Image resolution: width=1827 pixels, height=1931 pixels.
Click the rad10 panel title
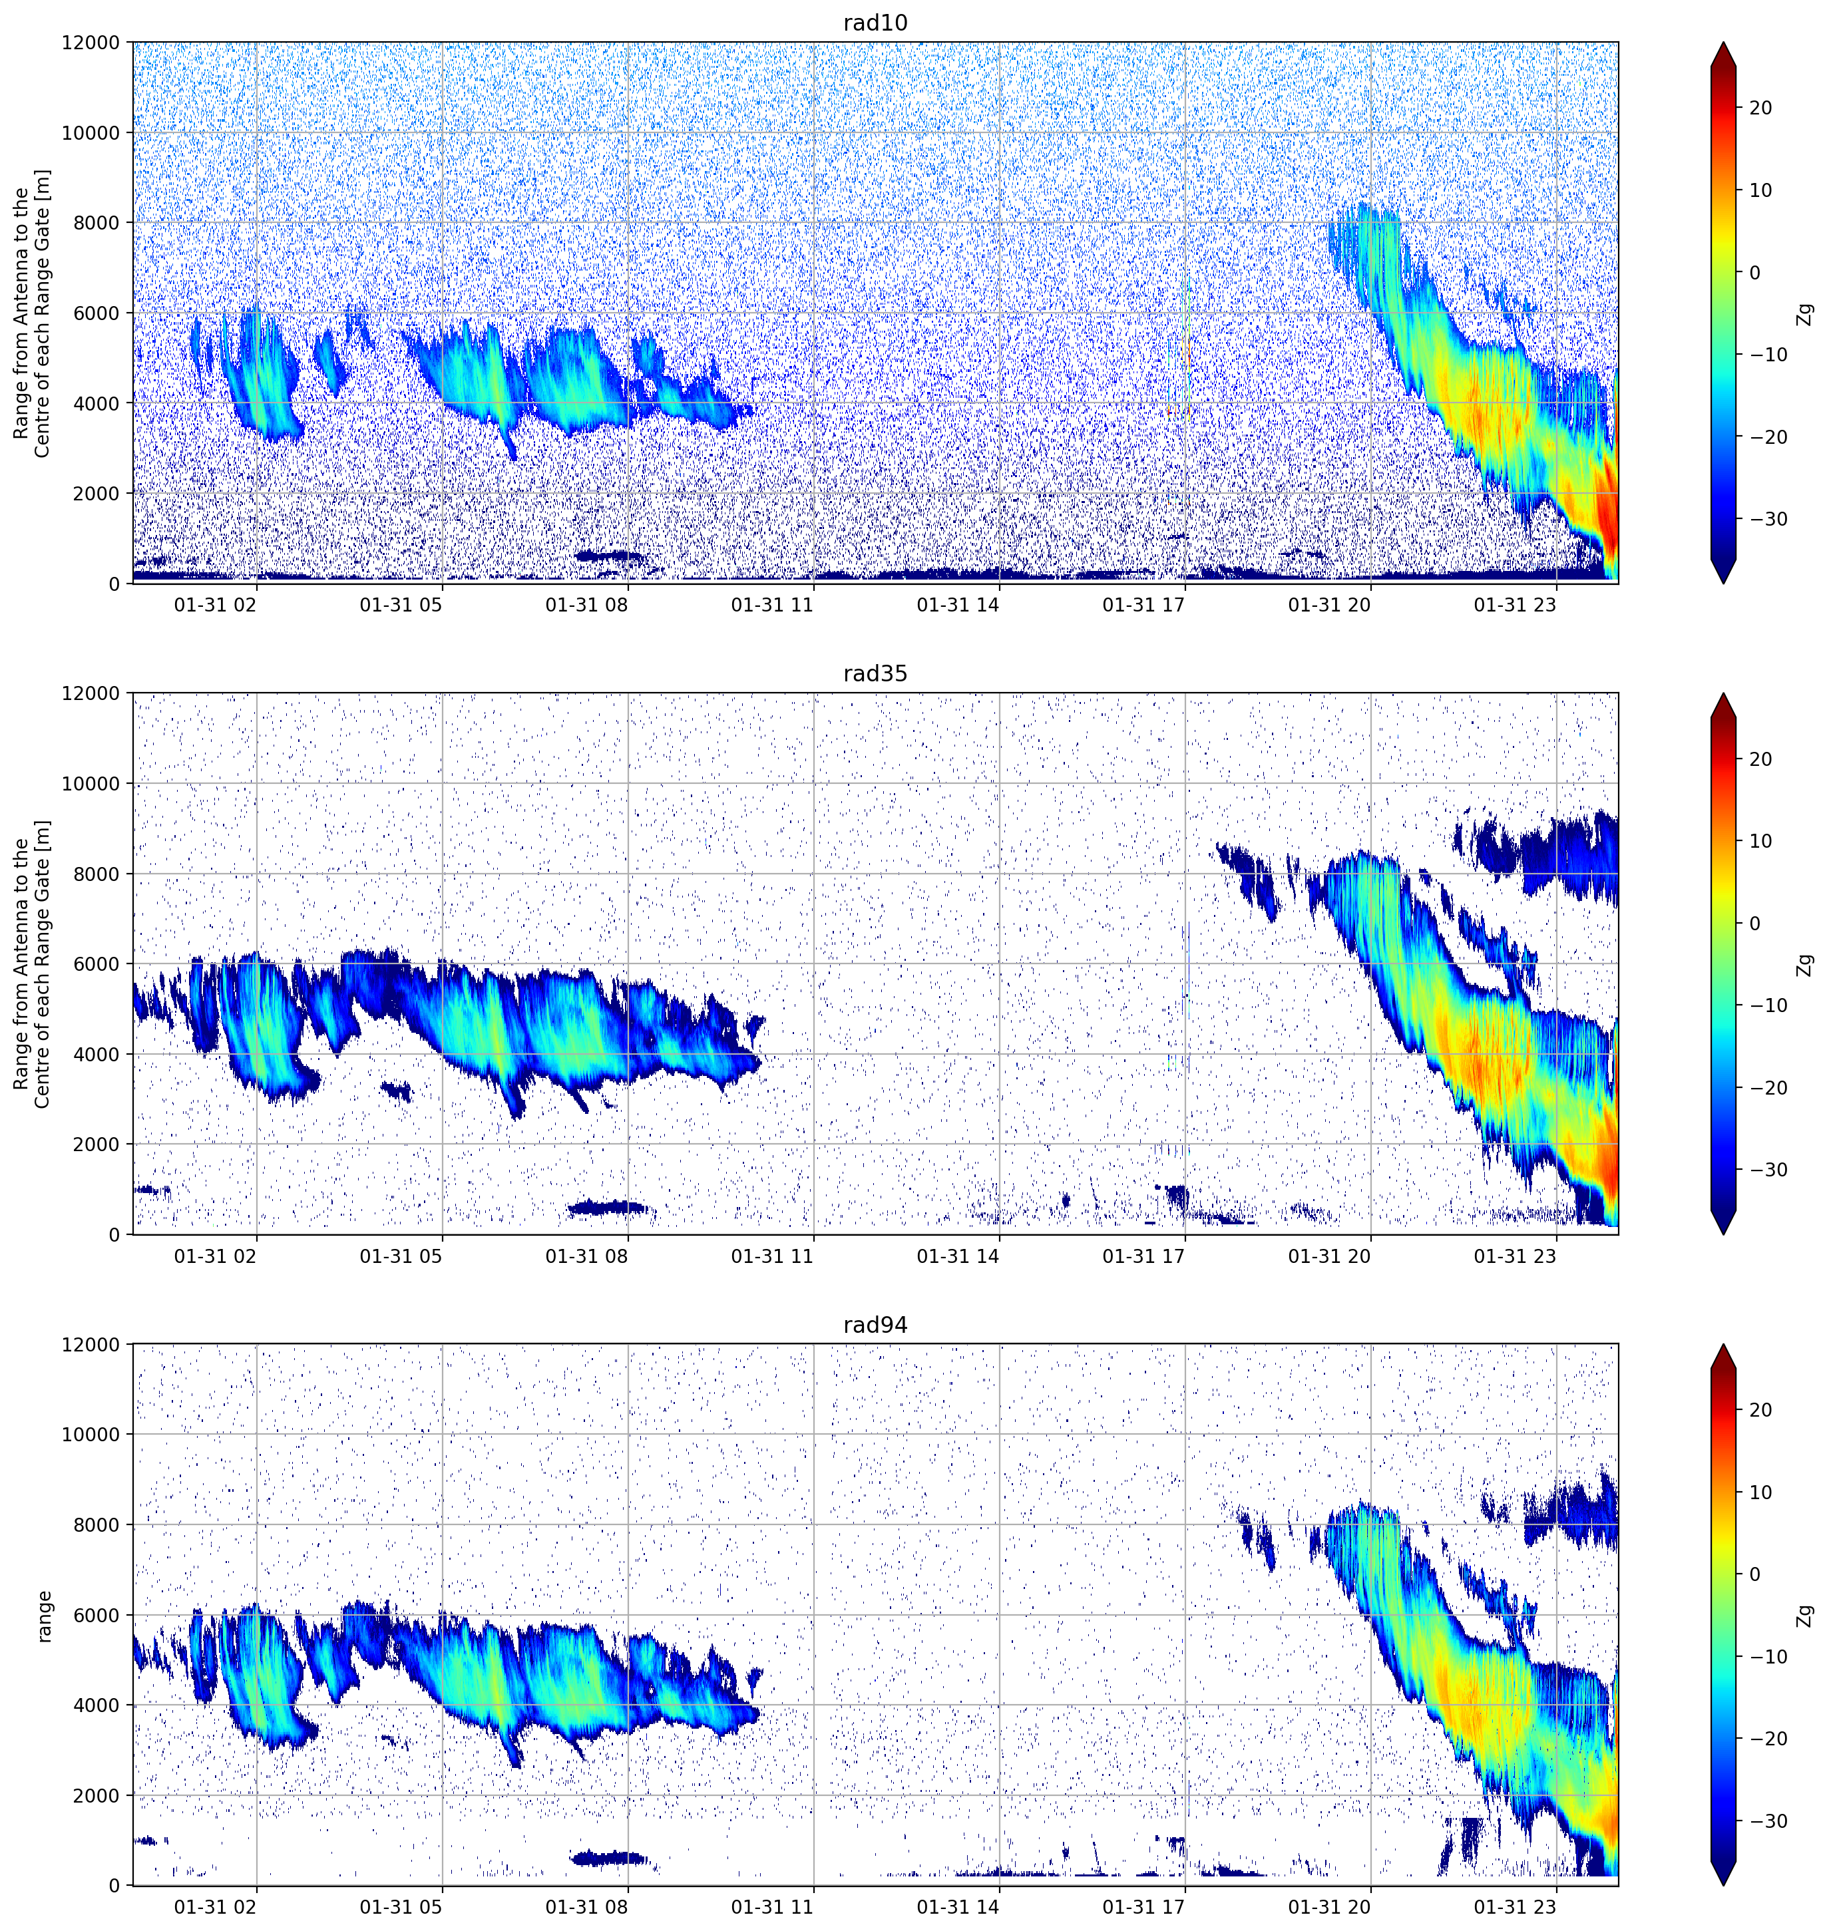875,23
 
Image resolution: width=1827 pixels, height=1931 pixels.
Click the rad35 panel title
875,674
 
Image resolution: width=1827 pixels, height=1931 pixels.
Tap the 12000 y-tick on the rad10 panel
92,43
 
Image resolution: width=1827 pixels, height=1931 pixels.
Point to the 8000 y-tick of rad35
97,874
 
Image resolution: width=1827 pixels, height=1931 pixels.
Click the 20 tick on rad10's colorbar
1761,108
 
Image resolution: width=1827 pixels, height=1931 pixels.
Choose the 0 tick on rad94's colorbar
1755,1574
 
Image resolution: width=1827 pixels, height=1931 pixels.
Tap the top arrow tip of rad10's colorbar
1723,43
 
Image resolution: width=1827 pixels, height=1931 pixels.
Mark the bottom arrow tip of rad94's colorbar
1723,1884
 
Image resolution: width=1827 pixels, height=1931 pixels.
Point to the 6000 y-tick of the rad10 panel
97,313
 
